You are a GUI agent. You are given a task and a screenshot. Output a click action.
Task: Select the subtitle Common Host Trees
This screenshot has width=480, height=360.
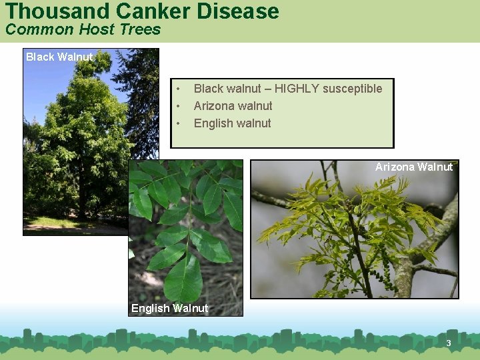click(x=83, y=29)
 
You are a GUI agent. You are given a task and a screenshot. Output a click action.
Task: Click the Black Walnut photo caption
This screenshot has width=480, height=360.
click(x=59, y=57)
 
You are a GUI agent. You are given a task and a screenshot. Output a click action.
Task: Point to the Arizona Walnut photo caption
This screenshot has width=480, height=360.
click(x=413, y=167)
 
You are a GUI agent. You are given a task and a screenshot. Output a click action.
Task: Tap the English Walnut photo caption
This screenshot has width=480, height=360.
click(x=169, y=308)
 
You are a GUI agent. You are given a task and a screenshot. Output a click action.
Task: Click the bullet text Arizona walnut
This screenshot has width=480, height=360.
click(x=233, y=106)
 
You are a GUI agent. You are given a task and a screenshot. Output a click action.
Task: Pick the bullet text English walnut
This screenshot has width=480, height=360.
click(x=232, y=123)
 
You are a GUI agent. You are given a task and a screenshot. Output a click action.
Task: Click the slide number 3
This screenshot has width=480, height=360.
click(x=449, y=343)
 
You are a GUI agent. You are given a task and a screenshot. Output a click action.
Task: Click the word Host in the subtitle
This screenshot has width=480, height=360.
click(x=99, y=29)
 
